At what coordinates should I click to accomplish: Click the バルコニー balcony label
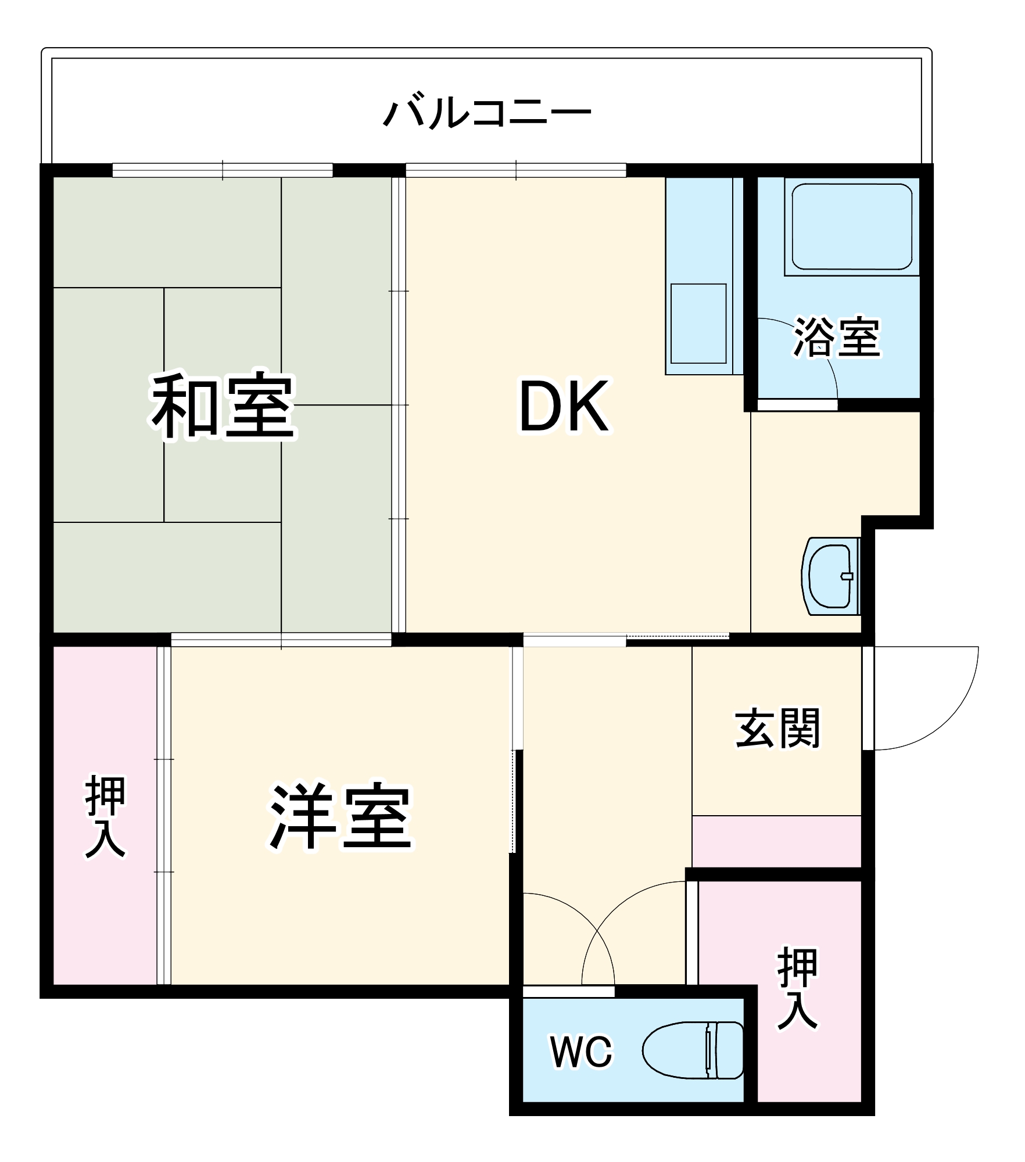point(486,113)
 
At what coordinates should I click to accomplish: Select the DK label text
point(564,407)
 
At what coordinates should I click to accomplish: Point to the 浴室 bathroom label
point(837,337)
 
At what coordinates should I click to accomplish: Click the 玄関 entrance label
point(777,728)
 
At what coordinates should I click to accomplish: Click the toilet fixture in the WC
point(694,1050)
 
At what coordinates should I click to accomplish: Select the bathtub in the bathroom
point(851,227)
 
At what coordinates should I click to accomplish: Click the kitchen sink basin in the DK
point(698,323)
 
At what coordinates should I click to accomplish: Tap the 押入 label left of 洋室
point(105,817)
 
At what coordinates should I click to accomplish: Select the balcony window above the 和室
point(223,170)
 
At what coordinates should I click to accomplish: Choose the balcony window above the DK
point(516,170)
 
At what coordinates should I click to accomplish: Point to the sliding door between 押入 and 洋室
point(164,816)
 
